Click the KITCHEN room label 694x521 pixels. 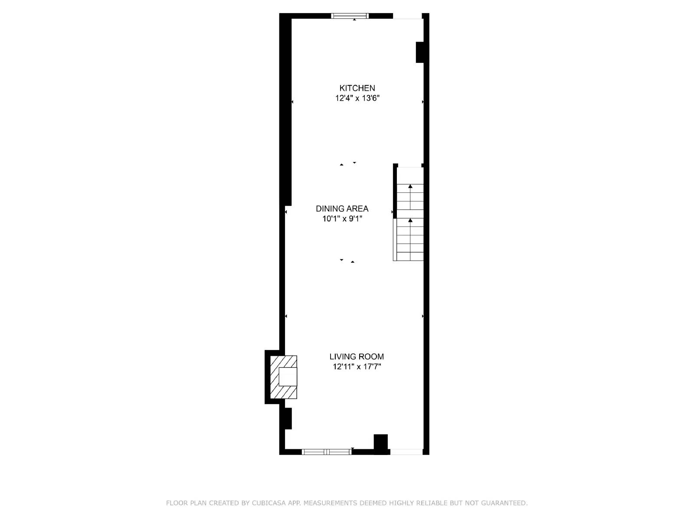[357, 88]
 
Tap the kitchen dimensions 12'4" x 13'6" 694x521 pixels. [357, 98]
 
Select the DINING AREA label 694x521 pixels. [342, 209]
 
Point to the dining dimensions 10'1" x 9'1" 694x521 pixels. [342, 219]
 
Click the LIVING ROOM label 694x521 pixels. [357, 357]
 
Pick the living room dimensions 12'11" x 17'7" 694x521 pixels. [357, 367]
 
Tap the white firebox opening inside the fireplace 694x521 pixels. [288, 377]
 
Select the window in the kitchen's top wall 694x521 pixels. [350, 16]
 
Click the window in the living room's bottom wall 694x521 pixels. [326, 452]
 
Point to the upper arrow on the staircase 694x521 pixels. [410, 187]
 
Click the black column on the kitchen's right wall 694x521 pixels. [420, 52]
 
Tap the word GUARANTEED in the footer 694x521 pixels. [504, 503]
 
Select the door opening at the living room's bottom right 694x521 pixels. [406, 452]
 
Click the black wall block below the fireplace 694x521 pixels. [287, 418]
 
